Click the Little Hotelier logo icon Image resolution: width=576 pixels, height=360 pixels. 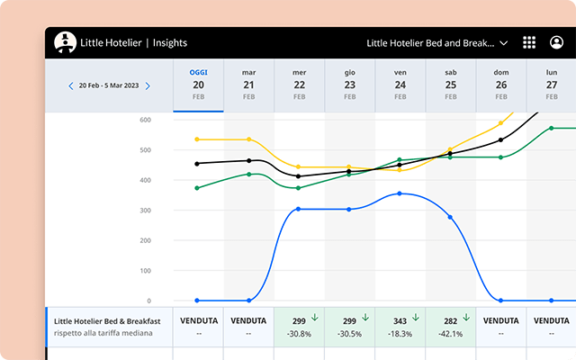pos(65,42)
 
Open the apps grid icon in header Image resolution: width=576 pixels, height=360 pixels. pos(529,42)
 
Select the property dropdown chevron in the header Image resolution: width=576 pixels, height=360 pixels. pos(504,42)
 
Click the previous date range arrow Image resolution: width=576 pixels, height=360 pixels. pos(71,86)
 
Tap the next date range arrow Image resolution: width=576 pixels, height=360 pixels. pos(148,86)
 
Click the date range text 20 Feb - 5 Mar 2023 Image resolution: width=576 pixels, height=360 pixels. pos(109,86)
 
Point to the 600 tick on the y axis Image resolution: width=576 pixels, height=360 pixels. pos(145,120)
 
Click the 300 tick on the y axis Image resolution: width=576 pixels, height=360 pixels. pos(145,211)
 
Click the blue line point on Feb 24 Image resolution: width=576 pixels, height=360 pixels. pos(400,193)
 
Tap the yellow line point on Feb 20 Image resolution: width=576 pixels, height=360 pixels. pos(198,139)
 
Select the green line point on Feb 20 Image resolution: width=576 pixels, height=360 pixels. pos(198,188)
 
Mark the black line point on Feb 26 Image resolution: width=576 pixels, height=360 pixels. pos(501,139)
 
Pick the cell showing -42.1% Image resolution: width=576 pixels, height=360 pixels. pos(450,333)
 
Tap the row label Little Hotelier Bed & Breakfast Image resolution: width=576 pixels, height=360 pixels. pos(107,319)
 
